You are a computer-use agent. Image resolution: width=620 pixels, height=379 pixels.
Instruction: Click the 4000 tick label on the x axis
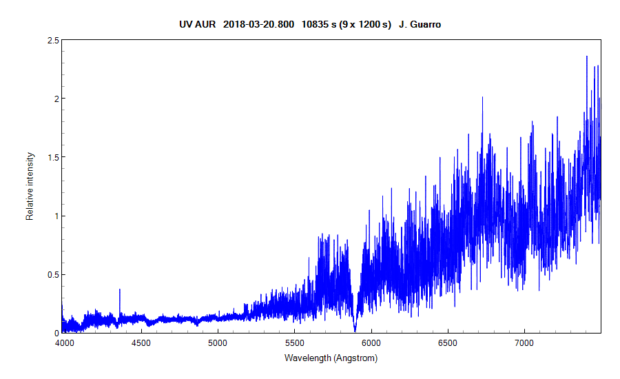coord(63,342)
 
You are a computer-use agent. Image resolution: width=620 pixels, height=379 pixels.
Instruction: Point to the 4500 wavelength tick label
coord(141,342)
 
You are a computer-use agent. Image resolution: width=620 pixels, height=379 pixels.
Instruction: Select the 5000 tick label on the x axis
coord(218,342)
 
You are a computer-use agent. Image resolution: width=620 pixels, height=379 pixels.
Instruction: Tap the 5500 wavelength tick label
coord(294,342)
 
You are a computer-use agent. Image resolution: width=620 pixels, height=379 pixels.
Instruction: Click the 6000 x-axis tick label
coord(371,342)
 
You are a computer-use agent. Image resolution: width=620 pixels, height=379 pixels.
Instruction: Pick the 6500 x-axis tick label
coord(448,342)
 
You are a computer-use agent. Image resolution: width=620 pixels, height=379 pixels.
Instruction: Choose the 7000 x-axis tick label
coord(524,342)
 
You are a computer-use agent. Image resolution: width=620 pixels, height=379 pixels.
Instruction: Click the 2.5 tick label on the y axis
coord(51,41)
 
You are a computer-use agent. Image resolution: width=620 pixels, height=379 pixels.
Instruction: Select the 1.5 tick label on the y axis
coord(51,157)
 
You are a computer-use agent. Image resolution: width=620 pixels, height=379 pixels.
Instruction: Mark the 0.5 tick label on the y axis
coord(51,274)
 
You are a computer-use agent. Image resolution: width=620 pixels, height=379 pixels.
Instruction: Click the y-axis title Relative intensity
coord(30,187)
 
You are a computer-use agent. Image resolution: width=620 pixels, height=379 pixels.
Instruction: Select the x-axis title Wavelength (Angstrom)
coord(331,358)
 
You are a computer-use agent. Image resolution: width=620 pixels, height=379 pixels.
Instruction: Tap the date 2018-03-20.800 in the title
coord(259,24)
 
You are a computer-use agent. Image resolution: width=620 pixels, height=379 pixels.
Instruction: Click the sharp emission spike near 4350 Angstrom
coord(120,291)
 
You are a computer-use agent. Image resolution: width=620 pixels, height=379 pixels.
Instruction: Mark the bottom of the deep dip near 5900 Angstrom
coord(355,330)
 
